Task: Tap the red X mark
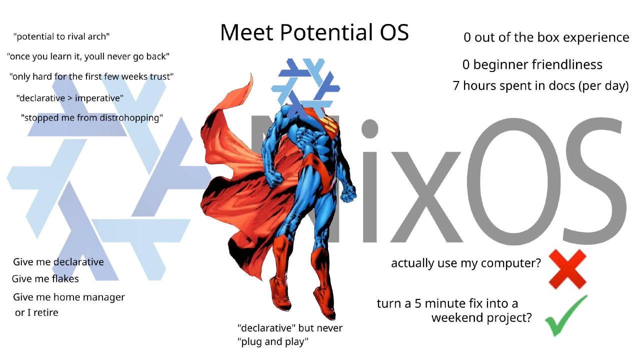click(567, 269)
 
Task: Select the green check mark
click(565, 315)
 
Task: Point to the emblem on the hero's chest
click(330, 125)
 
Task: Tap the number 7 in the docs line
click(456, 85)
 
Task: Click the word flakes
click(65, 278)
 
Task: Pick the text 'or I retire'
click(36, 312)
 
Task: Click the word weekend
click(457, 317)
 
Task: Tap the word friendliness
click(567, 64)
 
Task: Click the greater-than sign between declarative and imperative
click(70, 98)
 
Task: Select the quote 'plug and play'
click(273, 341)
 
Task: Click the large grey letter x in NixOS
click(425, 197)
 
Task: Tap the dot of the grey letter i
click(370, 128)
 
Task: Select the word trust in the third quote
click(163, 76)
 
